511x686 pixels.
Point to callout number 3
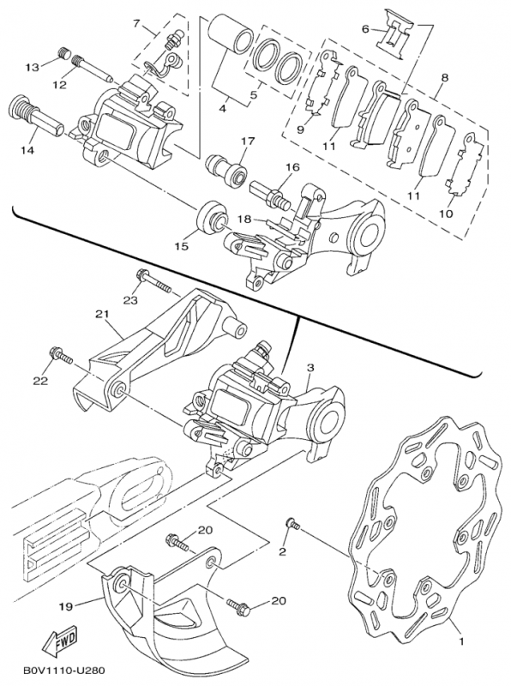tap(310, 368)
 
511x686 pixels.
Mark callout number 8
tap(443, 78)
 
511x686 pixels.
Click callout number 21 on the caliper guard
tap(103, 315)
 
